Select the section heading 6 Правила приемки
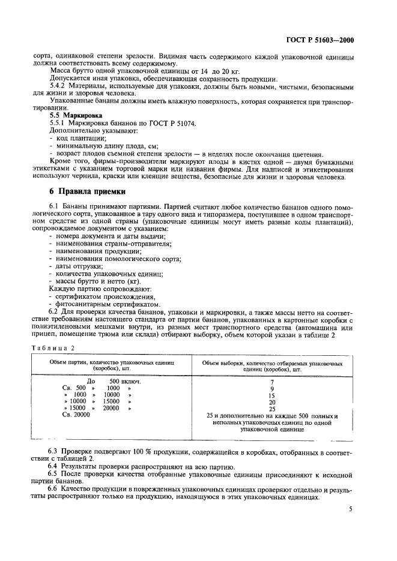coord(87,192)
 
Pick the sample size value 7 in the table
coord(272,382)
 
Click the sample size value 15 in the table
coord(272,395)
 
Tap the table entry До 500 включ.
coord(114,382)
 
